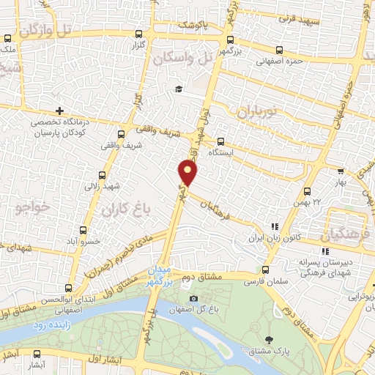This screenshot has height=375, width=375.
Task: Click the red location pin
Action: pyautogui.click(x=189, y=173)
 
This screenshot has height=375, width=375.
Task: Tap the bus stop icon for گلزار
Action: pyautogui.click(x=139, y=34)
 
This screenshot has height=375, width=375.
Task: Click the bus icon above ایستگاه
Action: pyautogui.click(x=220, y=143)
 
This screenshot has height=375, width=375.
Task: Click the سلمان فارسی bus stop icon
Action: pyautogui.click(x=265, y=270)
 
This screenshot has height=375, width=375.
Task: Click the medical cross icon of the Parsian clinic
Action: pyautogui.click(x=59, y=110)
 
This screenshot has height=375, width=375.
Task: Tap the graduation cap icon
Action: pyautogui.click(x=177, y=89)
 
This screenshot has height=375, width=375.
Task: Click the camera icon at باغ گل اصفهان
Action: pyautogui.click(x=193, y=298)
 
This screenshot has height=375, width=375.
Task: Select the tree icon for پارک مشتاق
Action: pyautogui.click(x=270, y=340)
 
